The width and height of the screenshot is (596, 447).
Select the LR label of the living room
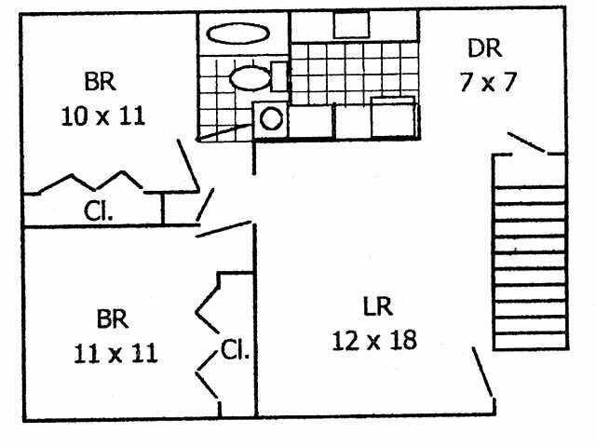[378, 306]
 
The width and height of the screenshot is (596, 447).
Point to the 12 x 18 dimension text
[374, 340]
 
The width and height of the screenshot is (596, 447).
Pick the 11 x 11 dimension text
[115, 353]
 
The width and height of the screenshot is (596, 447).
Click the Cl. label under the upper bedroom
[98, 210]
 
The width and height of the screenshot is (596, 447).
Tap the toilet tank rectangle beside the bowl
[278, 76]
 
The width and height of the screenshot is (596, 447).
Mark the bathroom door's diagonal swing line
[223, 132]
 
